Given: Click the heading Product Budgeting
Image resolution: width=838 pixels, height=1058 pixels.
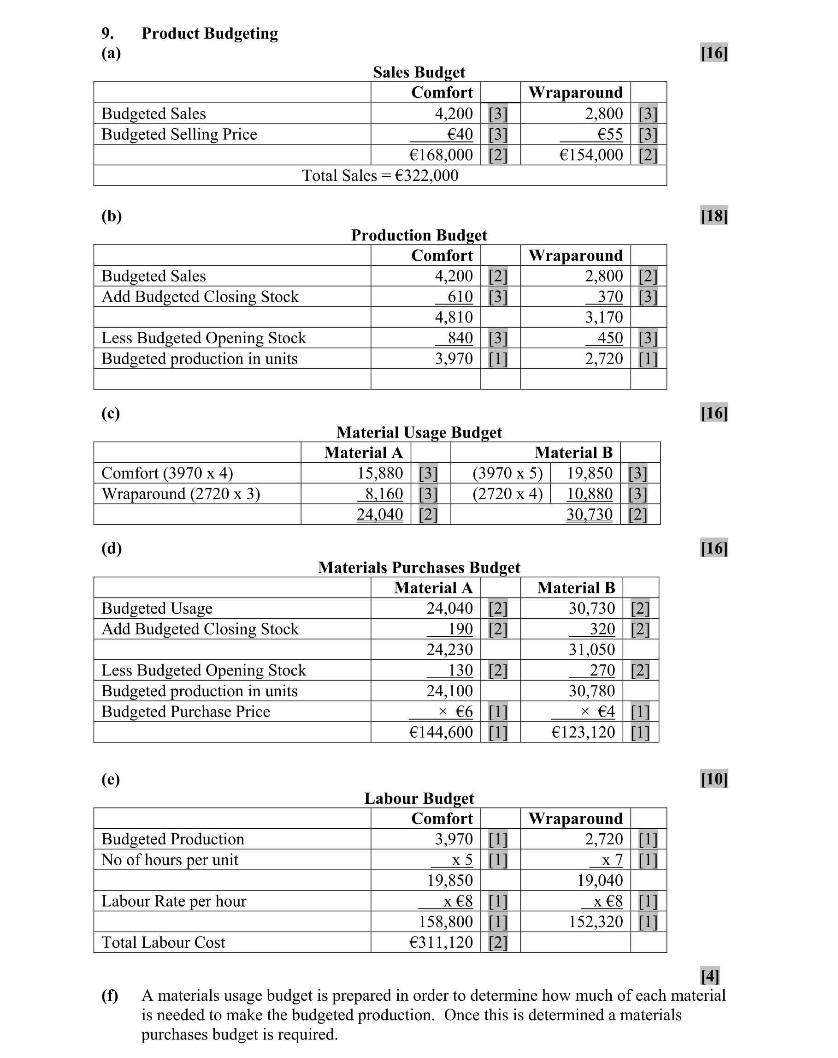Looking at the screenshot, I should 209,33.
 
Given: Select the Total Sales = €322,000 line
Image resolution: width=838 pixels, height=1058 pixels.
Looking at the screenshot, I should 380,176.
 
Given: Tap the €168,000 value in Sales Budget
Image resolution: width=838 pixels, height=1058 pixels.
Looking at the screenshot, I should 441,155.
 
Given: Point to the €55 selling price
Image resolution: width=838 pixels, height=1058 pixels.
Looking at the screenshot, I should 609,134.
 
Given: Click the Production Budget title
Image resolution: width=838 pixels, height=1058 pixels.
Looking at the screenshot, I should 419,235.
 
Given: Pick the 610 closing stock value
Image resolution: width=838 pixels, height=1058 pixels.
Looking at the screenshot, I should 460,297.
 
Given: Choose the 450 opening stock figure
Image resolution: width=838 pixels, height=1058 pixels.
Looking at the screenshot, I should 610,338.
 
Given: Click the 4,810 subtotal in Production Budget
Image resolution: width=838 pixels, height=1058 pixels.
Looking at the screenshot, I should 454,317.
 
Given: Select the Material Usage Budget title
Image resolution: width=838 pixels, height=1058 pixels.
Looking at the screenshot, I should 419,432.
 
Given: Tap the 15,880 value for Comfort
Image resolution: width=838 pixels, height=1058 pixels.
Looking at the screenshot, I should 380,473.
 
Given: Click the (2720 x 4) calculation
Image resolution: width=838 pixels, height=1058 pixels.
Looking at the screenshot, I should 508,494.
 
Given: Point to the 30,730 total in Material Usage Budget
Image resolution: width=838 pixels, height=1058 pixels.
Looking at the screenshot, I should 590,514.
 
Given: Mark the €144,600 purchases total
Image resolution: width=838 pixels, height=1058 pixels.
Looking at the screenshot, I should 441,732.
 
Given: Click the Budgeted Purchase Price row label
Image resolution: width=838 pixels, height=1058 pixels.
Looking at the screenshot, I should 186,711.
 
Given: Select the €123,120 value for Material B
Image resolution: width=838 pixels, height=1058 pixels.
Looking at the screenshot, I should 583,732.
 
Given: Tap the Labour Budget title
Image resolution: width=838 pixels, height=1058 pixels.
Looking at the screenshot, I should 419,798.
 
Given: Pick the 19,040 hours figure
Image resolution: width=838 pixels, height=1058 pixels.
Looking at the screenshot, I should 600,880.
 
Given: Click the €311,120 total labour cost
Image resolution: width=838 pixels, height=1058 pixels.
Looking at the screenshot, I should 441,942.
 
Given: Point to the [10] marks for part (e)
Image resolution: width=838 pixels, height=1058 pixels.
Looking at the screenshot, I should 714,779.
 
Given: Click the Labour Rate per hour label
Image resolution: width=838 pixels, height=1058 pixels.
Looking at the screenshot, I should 174,901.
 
